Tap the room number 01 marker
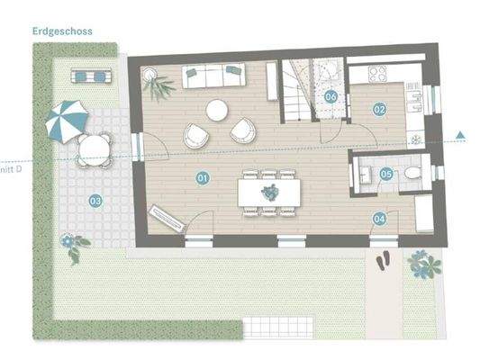[202, 179]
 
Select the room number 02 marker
[379, 109]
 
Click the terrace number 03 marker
[95, 201]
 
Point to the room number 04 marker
[379, 217]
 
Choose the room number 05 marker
[385, 175]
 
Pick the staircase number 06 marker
[331, 95]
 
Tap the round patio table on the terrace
[89, 148]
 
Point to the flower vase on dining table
[267, 191]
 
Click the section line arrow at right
[460, 136]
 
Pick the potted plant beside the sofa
[162, 86]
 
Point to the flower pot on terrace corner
[70, 242]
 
